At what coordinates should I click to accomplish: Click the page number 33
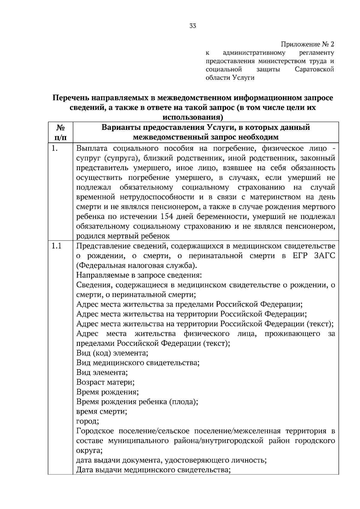[x=193, y=26]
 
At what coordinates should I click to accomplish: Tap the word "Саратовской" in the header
[x=314, y=70]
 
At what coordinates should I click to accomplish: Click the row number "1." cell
[x=54, y=148]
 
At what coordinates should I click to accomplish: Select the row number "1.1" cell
[x=56, y=246]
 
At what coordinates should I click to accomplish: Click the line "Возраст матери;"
[x=105, y=382]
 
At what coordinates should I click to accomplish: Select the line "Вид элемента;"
[x=102, y=373]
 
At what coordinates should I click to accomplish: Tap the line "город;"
[x=88, y=421]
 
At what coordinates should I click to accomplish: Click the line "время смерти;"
[x=102, y=412]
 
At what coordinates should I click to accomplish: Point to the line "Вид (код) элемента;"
[x=112, y=353]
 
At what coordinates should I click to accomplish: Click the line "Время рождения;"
[x=107, y=392]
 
